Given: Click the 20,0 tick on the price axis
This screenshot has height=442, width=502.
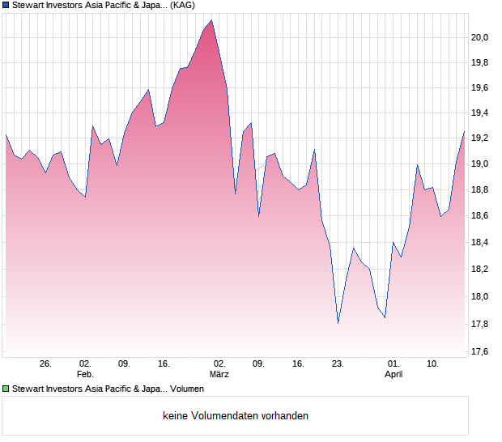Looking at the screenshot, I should tap(481, 37).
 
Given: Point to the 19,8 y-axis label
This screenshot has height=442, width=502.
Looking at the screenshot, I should tap(481, 63).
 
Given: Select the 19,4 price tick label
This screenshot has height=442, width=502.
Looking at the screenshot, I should tap(481, 113).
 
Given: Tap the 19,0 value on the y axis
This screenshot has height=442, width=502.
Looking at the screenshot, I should tap(481, 164).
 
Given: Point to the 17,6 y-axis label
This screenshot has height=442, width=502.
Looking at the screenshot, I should tap(481, 351).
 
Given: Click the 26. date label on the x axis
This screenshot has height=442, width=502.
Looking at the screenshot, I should tap(45, 364).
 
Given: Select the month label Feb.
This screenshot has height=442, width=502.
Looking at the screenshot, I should tap(85, 375).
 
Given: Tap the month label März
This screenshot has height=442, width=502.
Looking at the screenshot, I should tap(219, 375).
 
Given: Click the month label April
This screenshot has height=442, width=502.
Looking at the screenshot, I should tap(394, 375).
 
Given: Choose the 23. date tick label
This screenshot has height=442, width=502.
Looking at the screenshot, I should tap(338, 364).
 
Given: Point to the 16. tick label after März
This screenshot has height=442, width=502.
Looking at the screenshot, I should tap(298, 364).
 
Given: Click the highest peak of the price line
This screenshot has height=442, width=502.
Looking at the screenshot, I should tap(211, 20).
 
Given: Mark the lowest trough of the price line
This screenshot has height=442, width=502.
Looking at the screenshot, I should tap(338, 323).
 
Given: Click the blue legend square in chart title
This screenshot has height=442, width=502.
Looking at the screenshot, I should tap(6, 5).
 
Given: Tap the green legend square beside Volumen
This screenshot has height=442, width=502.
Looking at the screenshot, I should tap(6, 389).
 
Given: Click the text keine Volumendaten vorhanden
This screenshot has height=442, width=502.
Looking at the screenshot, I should tap(236, 416).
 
